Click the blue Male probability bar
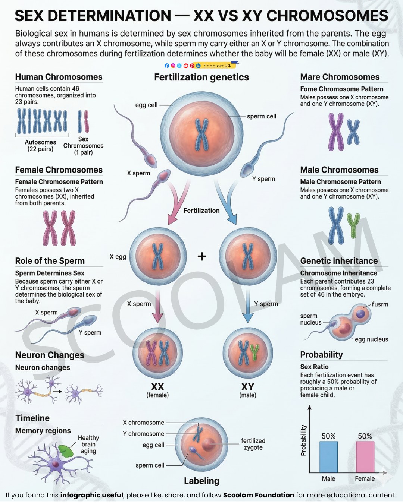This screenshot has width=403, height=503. (328, 457)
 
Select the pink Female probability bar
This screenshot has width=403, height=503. (365, 457)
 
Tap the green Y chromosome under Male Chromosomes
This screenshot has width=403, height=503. (353, 225)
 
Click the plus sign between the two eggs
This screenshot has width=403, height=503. (201, 256)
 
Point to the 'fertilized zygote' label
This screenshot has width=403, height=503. (253, 444)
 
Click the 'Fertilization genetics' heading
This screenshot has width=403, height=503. (201, 77)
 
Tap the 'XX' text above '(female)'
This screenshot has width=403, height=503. (157, 387)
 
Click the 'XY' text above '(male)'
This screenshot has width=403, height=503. (247, 387)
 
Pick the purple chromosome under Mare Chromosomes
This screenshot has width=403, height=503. (336, 132)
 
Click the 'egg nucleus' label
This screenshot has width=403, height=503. (371, 339)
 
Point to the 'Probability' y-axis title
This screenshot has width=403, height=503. (303, 440)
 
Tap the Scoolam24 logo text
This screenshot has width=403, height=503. (217, 66)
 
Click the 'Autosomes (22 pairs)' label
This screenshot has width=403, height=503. (41, 145)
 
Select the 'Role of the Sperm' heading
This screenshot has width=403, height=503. (50, 260)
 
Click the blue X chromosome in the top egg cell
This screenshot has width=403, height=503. (201, 134)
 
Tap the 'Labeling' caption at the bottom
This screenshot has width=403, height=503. (201, 481)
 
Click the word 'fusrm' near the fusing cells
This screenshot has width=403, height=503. (380, 304)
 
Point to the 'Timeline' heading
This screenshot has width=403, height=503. (32, 418)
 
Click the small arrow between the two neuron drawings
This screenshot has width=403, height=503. (57, 391)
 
